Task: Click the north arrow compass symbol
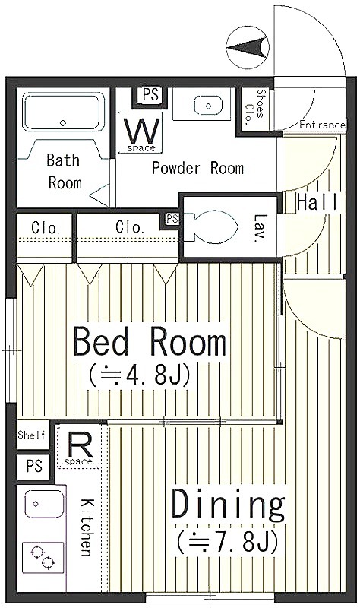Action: [x=248, y=49]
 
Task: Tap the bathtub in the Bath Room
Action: [x=63, y=112]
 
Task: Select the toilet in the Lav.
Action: [x=211, y=226]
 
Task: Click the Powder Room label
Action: [x=197, y=168]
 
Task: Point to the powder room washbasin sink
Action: [x=208, y=106]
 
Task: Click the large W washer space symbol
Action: [x=141, y=132]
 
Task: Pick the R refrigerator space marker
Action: [x=80, y=449]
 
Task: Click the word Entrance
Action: [x=322, y=125]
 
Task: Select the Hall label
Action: [x=317, y=202]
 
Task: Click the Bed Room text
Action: [x=150, y=341]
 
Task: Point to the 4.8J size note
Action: [x=140, y=375]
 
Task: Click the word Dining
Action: [x=229, y=505]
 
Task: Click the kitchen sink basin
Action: [x=44, y=504]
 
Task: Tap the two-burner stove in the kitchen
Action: [x=43, y=557]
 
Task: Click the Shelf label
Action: [x=32, y=435]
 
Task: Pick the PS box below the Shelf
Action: [x=34, y=466]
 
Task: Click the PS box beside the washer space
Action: [x=149, y=96]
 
